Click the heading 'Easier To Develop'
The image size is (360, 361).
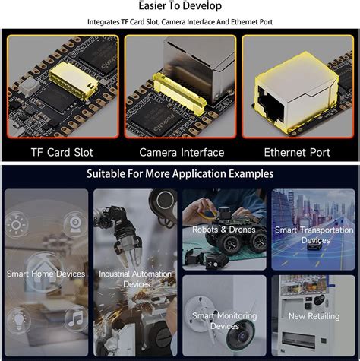pyautogui.click(x=180, y=5)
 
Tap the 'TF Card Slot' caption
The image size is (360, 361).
pyautogui.click(x=62, y=152)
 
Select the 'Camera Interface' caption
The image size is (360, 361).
pyautogui.click(x=182, y=152)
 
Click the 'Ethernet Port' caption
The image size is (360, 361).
pyautogui.click(x=297, y=152)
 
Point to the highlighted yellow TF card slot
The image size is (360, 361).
pyautogui.click(x=74, y=81)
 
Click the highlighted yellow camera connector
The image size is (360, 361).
pyautogui.click(x=179, y=93)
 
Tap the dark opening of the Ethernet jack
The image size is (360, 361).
pyautogui.click(x=271, y=104)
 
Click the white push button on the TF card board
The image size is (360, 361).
pyautogui.click(x=30, y=86)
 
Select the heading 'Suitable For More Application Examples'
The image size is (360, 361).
pyautogui.click(x=180, y=174)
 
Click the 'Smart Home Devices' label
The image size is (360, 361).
pyautogui.click(x=46, y=274)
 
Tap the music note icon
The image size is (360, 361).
pyautogui.click(x=76, y=318)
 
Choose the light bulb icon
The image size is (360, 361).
pyautogui.click(x=19, y=319)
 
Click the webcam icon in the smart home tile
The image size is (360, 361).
pyautogui.click(x=75, y=224)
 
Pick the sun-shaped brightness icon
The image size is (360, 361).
pyautogui.click(x=16, y=225)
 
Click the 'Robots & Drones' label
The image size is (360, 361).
pyautogui.click(x=224, y=230)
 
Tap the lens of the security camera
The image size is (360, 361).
pyautogui.click(x=242, y=336)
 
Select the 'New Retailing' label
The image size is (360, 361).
pyautogui.click(x=314, y=316)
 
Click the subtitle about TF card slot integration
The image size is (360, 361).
pyautogui.click(x=180, y=22)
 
